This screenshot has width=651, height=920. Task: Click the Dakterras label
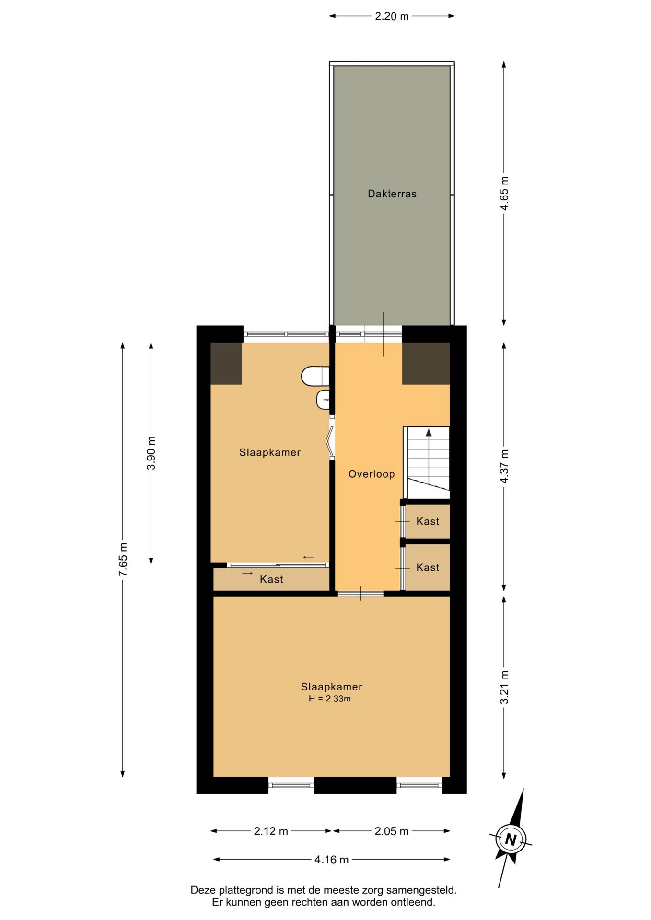(x=392, y=194)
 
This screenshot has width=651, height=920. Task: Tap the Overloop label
(x=372, y=474)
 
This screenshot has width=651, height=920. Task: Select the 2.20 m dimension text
(x=392, y=16)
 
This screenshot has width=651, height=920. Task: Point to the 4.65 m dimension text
(x=504, y=194)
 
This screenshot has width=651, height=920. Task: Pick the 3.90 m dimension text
(x=151, y=453)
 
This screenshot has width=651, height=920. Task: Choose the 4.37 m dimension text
(x=504, y=467)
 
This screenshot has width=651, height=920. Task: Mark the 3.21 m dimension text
(x=504, y=687)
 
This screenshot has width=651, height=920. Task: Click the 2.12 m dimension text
(x=271, y=831)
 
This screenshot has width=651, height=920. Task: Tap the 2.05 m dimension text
(x=392, y=831)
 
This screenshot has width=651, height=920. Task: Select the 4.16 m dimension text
(x=332, y=859)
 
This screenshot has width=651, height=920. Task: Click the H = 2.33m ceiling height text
(x=330, y=699)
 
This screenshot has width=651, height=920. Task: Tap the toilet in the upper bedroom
(x=315, y=376)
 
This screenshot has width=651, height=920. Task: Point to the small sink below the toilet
(x=323, y=400)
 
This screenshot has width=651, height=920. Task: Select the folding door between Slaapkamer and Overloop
(x=330, y=439)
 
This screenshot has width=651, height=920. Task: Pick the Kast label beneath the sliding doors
(x=271, y=579)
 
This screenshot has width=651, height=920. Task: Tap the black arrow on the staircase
(x=429, y=433)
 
